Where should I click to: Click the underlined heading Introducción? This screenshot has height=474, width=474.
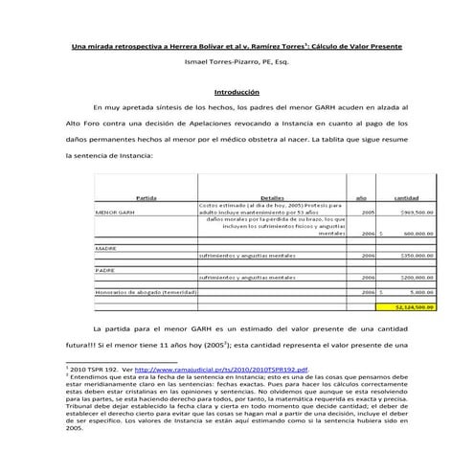[x=237, y=92]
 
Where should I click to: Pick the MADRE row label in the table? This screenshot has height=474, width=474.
[x=106, y=247]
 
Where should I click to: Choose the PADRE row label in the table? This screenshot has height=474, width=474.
[x=105, y=271]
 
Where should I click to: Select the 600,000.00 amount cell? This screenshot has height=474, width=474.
[x=417, y=233]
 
